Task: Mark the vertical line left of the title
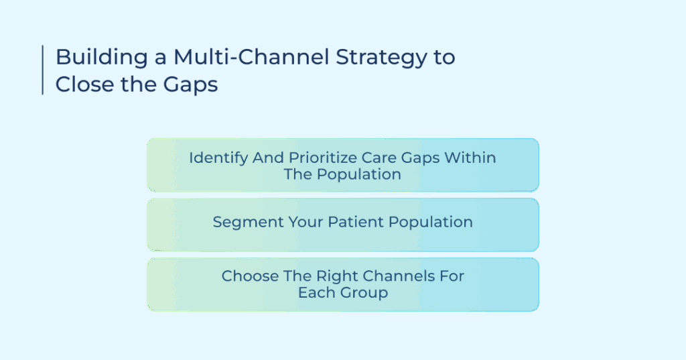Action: [42, 70]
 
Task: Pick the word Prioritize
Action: [323, 158]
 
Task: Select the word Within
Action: [470, 158]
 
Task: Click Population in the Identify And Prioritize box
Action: [359, 175]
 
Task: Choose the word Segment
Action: [248, 223]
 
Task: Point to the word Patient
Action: [355, 222]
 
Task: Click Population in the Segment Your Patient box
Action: [431, 223]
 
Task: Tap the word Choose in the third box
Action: [249, 276]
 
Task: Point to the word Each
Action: [320, 292]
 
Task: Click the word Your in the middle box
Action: [305, 222]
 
